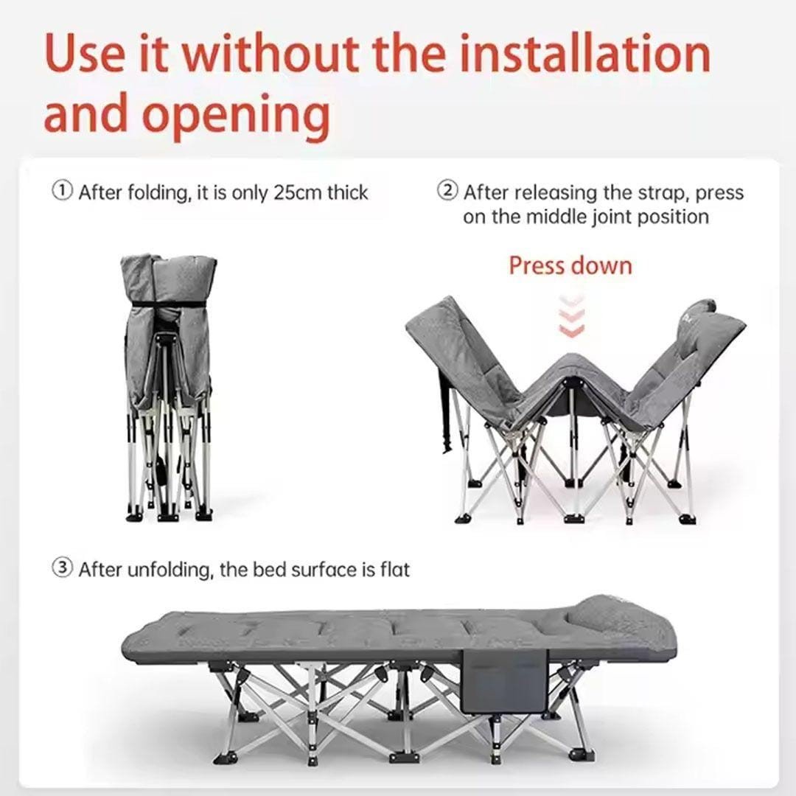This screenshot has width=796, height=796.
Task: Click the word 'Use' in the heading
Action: [84, 53]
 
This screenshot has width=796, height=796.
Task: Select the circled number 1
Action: [63, 191]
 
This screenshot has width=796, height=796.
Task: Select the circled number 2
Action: [448, 191]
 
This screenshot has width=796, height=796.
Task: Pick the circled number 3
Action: [63, 568]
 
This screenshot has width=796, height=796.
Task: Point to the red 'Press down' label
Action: [570, 265]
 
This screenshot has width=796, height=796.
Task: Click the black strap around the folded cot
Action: [167, 304]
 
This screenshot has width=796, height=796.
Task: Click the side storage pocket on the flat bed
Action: [505, 681]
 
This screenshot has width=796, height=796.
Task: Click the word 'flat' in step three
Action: [394, 570]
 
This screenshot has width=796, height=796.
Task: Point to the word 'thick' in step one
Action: [347, 193]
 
